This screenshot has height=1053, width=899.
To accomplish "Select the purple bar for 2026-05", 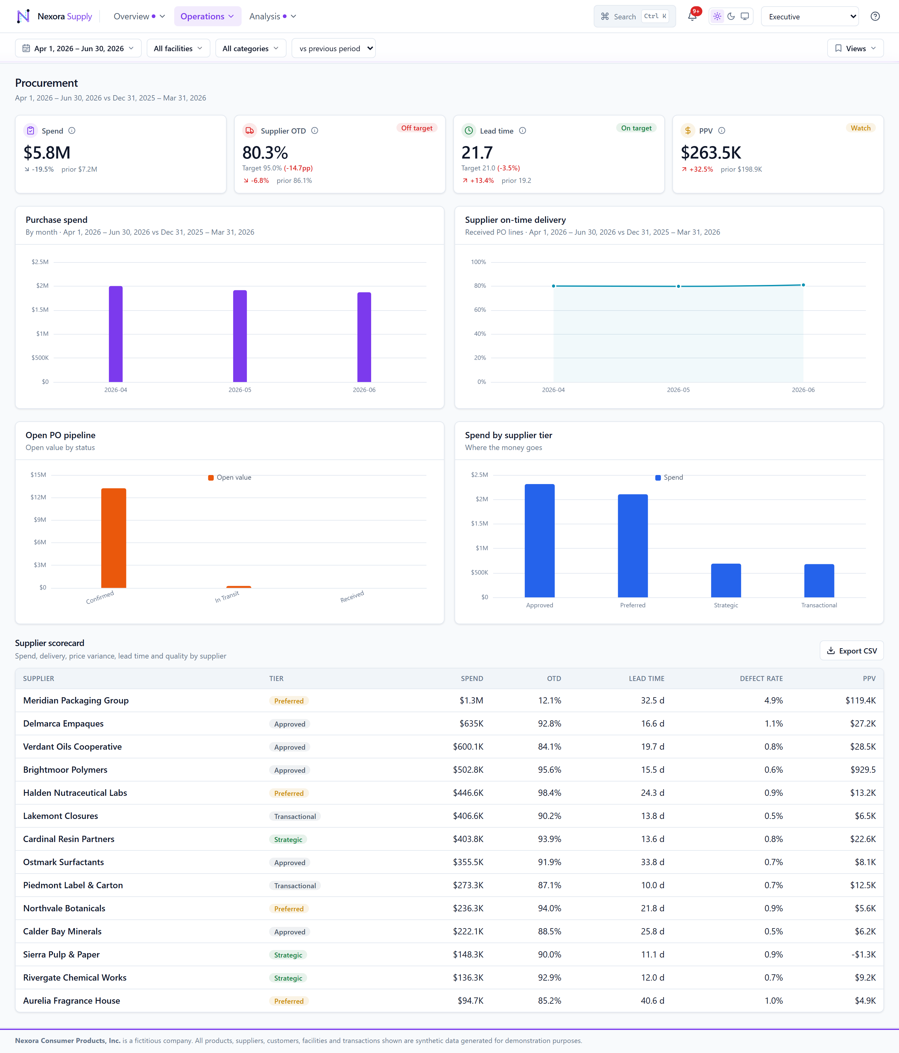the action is pos(240,336).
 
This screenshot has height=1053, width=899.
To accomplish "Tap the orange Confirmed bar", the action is pos(114,538).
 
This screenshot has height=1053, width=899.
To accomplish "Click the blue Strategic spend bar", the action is pos(726,580).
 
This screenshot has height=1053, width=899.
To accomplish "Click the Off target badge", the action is pos(417,128).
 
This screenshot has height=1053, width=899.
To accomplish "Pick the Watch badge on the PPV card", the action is pos(860,128).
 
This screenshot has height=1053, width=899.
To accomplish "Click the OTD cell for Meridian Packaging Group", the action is pos(549,700).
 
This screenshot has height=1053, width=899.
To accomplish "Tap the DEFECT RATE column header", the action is pos(761,678).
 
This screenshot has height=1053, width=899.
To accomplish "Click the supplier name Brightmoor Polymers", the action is pos(65,769).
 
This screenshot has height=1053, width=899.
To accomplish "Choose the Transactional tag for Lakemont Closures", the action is pos(295,816).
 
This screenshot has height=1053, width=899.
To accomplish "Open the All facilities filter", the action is pos(178,48).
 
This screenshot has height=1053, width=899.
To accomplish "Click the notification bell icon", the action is pos(692,16).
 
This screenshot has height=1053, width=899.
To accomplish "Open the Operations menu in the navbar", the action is pos(207,16).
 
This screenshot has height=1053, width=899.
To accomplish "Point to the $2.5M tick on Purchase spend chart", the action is pos(40,262).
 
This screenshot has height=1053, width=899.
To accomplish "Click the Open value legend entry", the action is pos(230,477).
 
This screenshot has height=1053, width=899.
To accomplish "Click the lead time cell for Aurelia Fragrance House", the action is pos(652,1001).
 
